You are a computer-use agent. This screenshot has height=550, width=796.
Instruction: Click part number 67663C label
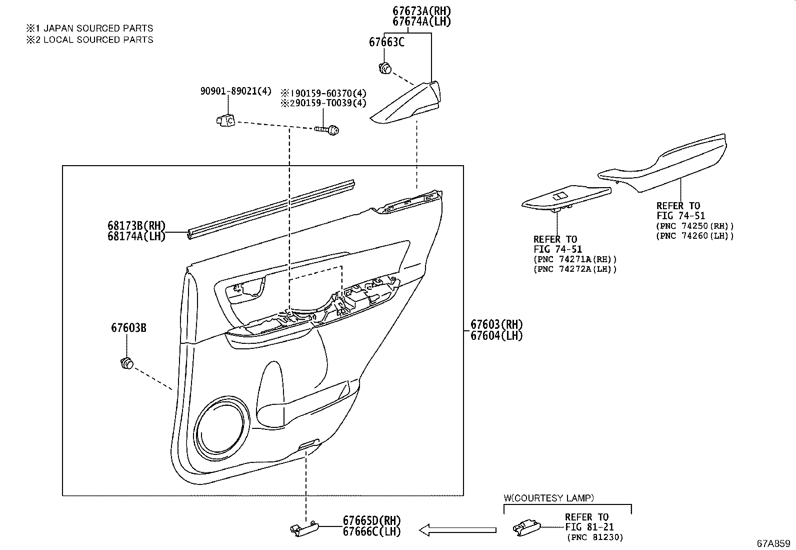[x=386, y=42]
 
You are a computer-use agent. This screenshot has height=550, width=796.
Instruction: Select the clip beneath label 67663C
[x=385, y=68]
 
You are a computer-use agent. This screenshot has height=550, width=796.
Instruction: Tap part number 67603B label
[x=128, y=328]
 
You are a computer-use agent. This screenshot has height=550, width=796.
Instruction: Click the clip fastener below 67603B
[x=127, y=363]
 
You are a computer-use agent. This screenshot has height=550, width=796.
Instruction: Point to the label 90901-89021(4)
[x=235, y=91]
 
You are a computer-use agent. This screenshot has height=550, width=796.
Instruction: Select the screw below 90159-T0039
[x=328, y=130]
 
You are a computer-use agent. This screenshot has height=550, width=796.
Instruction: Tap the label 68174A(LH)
[x=136, y=237]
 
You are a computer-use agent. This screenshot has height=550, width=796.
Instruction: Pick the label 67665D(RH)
[x=371, y=521]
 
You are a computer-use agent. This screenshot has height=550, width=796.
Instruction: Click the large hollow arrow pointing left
[x=457, y=529]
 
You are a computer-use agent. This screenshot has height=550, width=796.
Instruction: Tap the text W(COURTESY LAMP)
[x=548, y=498]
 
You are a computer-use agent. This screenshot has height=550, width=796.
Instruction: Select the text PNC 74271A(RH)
[x=575, y=259]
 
